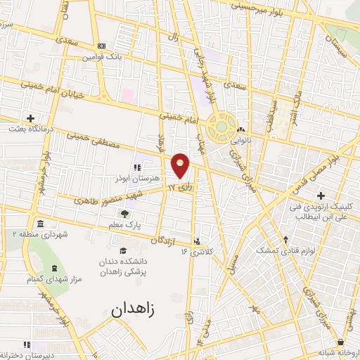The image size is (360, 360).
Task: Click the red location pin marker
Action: tap(181, 165)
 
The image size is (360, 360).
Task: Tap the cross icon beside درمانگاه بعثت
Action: tap(31, 118)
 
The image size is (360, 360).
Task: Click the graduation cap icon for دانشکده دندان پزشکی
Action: tap(123, 251)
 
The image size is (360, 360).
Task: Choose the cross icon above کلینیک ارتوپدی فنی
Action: tap(321, 195)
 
